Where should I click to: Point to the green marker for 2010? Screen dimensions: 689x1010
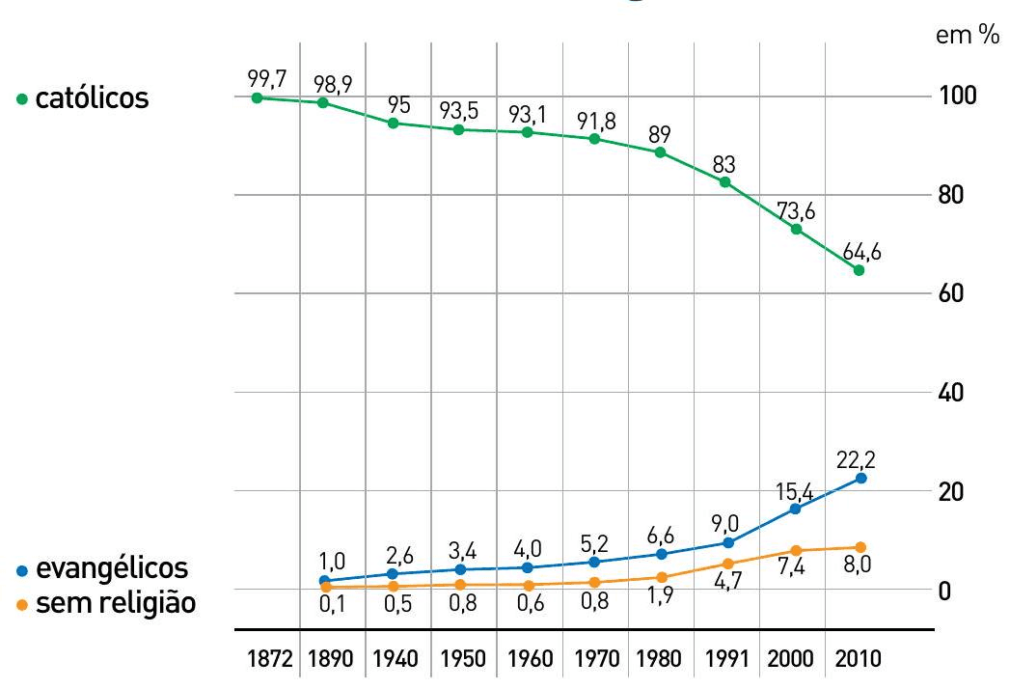pos(859,270)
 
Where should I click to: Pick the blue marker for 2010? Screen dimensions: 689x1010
pos(860,479)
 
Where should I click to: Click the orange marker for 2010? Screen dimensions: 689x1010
pos(860,547)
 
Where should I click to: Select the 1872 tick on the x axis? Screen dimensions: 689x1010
pos(268,660)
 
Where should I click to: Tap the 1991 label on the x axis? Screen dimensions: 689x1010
pos(726,660)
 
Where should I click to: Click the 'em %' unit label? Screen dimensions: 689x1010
pos(968,37)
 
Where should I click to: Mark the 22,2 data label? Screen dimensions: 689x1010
pos(859,457)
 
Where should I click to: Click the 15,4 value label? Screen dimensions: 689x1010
pos(795,492)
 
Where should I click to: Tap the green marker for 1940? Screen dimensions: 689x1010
pos(394,124)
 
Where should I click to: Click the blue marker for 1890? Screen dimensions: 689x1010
pos(326,581)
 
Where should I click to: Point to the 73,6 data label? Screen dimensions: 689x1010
pos(796,210)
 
